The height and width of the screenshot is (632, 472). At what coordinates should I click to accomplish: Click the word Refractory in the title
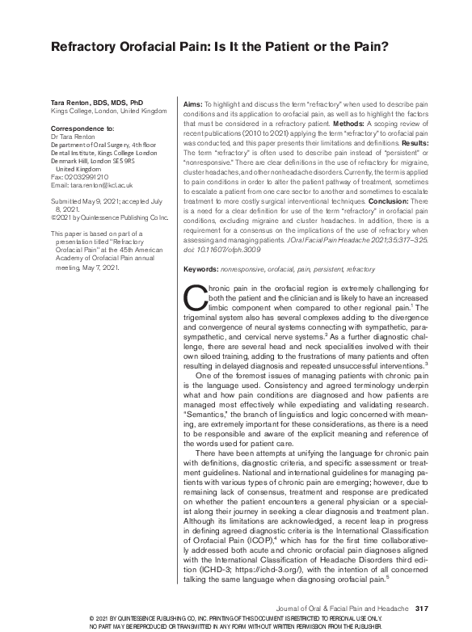tap(88, 47)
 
